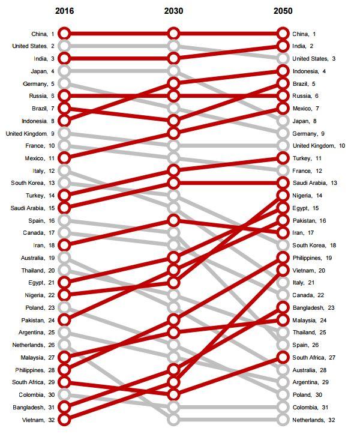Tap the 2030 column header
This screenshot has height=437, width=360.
[173, 11]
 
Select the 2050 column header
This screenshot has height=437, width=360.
[283, 11]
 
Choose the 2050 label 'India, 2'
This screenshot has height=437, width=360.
[303, 46]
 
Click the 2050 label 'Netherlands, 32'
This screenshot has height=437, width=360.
[314, 420]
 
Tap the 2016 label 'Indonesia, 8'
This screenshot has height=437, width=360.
[38, 121]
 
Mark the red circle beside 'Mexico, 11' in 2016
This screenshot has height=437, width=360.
[64, 158]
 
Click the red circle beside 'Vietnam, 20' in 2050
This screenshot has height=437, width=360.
[283, 270]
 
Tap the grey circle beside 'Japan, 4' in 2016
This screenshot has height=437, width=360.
[64, 71]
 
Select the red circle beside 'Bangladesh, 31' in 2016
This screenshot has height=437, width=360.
[64, 407]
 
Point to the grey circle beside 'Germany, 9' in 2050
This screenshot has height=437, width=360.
[283, 133]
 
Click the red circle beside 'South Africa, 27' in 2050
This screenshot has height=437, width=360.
[283, 357]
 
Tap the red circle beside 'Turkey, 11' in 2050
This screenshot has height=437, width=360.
[283, 158]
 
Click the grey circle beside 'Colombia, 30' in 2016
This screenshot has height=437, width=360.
[64, 395]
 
